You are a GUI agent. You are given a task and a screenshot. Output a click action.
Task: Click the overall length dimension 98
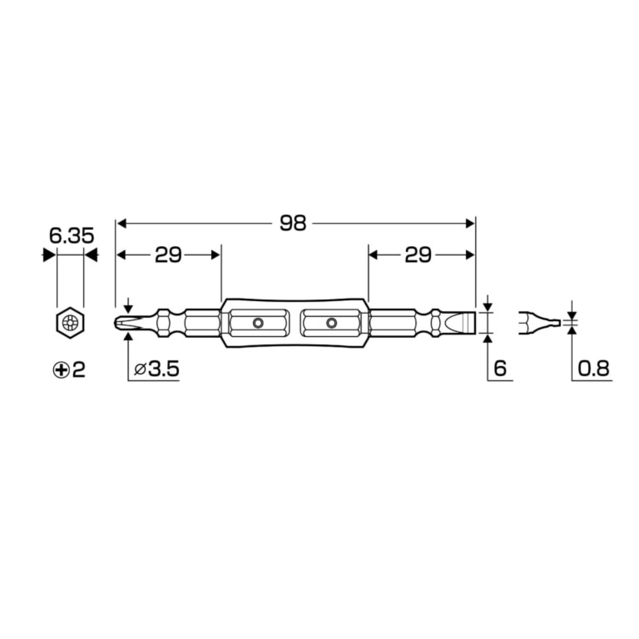coord(293,223)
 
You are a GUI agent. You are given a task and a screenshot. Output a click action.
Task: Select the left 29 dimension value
coord(168,255)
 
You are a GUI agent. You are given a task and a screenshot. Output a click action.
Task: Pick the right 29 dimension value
coord(418,255)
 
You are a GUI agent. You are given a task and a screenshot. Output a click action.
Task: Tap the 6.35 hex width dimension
coord(71,235)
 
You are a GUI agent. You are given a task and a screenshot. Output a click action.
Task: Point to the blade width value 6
coord(499,370)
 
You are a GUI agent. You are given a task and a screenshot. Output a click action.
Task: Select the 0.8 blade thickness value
coord(593,370)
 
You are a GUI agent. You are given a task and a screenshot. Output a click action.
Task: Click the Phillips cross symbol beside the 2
coord(60,370)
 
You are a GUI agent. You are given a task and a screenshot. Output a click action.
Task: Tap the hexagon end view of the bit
coord(70,323)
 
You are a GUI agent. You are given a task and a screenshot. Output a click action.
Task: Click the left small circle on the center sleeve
coord(257,323)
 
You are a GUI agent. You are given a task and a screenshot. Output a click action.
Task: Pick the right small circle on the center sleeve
coord(331,323)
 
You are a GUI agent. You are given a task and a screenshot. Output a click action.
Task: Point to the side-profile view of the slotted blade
coord(538,323)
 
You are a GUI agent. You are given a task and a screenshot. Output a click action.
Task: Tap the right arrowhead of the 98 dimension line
coord(471,223)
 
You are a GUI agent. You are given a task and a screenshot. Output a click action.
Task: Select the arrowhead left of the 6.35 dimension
coord(47,255)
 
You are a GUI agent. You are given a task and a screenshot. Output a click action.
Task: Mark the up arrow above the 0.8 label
coord(572,331)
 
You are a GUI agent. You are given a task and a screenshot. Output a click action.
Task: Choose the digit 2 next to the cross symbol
coord(79,370)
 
